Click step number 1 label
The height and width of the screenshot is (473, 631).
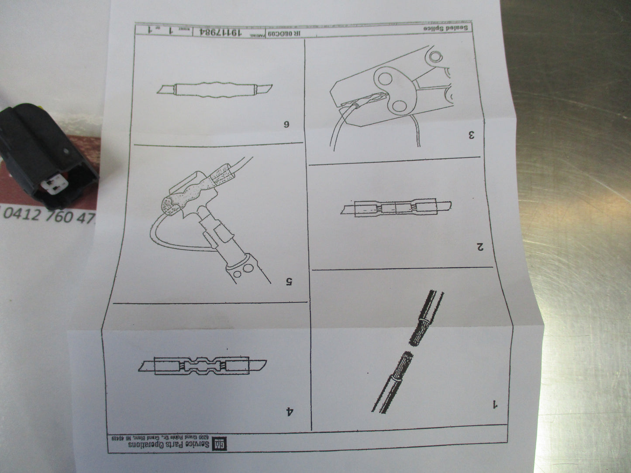495,404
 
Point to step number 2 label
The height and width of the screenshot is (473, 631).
479,247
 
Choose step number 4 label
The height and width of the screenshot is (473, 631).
289,411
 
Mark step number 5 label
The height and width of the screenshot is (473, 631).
289,281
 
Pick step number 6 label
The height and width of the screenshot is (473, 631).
286,124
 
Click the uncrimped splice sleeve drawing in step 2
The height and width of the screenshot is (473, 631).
396,208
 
